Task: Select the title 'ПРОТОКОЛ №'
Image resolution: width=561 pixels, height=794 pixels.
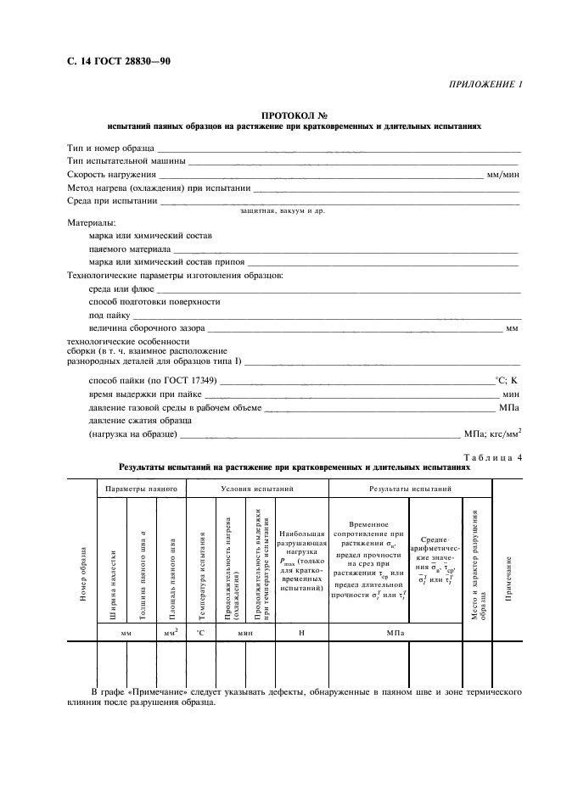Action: click(294, 115)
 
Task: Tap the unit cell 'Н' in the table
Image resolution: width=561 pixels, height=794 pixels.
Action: click(301, 632)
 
